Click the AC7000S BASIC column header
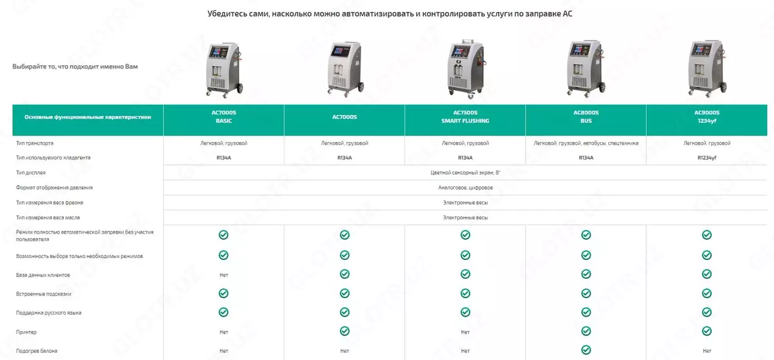[x=224, y=117]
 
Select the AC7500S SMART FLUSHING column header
[x=465, y=117]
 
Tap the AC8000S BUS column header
[x=586, y=117]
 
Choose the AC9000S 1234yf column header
[x=707, y=117]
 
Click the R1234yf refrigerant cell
[x=707, y=158]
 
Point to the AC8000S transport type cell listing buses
[x=586, y=143]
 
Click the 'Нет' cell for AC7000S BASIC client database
[x=224, y=275]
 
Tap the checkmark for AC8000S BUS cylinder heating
[x=586, y=350]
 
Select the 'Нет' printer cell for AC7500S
[x=465, y=332]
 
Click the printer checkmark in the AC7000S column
[x=344, y=331]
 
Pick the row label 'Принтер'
[x=26, y=332]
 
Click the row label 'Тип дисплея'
[x=30, y=173]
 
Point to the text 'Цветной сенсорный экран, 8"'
[x=465, y=173]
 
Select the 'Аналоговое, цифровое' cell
[x=465, y=188]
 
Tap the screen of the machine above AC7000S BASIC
[x=218, y=53]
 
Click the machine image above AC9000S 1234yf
[x=707, y=68]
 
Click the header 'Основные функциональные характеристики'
[x=88, y=117]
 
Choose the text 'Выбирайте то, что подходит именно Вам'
[x=75, y=66]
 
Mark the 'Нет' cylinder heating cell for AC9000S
[x=707, y=351]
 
